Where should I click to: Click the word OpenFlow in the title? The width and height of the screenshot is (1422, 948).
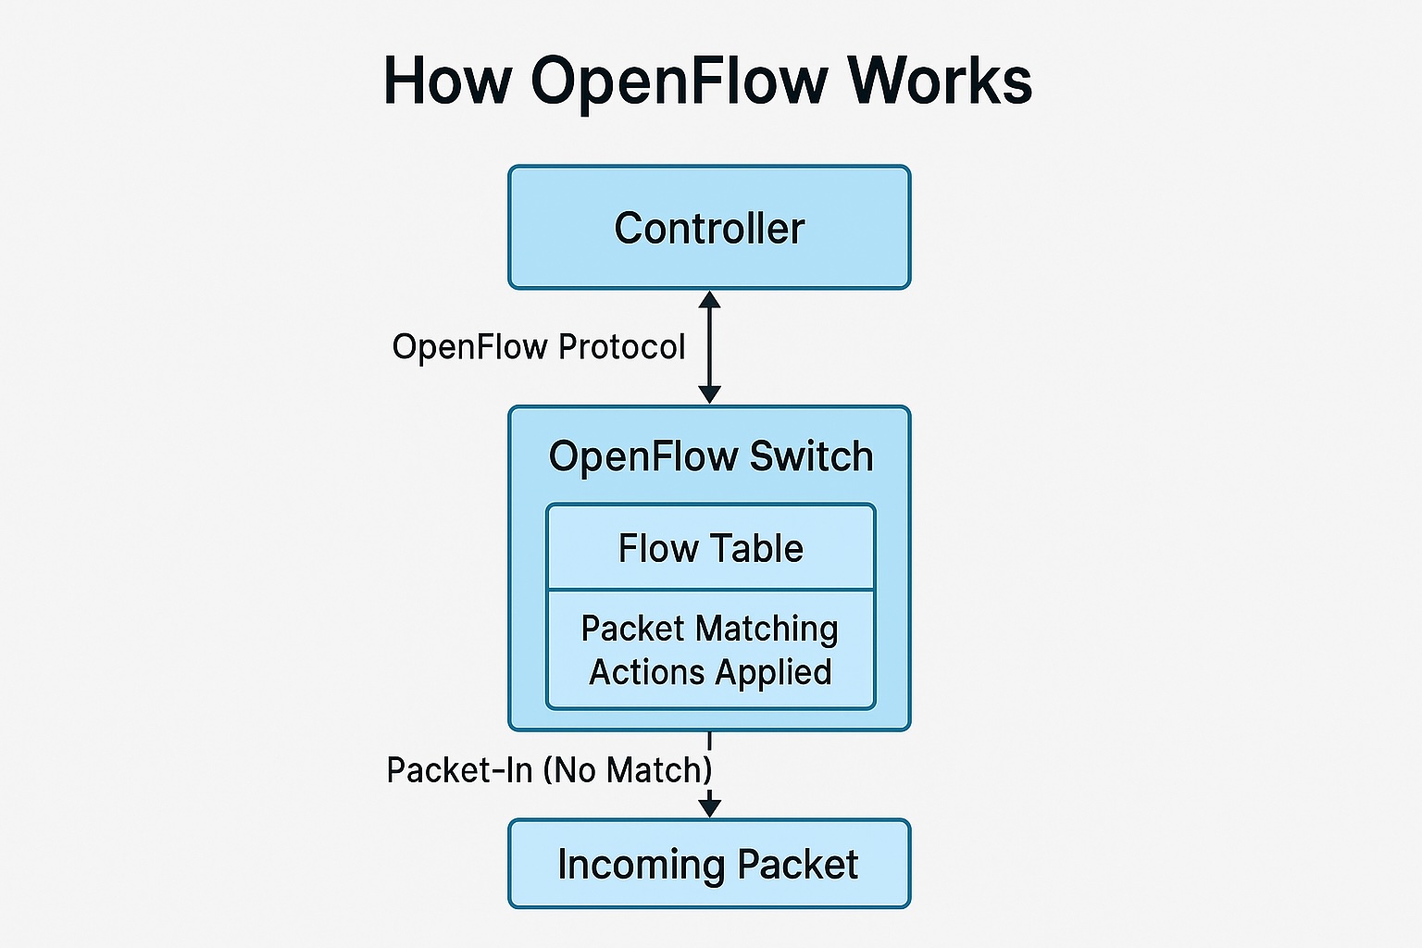pyautogui.click(x=679, y=81)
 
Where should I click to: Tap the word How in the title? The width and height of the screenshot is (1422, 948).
pyautogui.click(x=446, y=81)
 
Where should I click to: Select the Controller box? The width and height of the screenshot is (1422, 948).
pyautogui.click(x=709, y=228)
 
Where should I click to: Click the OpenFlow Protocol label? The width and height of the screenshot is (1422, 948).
pyautogui.click(x=538, y=347)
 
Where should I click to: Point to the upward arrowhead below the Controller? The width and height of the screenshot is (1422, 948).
pyautogui.click(x=709, y=299)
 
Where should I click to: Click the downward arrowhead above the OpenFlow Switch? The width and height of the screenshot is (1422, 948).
pyautogui.click(x=709, y=394)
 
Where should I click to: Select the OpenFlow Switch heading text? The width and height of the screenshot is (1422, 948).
pyautogui.click(x=710, y=456)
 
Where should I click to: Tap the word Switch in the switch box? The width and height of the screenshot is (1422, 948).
pyautogui.click(x=811, y=456)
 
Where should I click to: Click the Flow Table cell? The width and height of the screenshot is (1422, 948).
pyautogui.click(x=710, y=548)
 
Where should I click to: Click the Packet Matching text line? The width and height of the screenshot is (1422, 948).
pyautogui.click(x=709, y=629)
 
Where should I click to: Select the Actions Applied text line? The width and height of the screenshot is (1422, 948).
pyautogui.click(x=710, y=672)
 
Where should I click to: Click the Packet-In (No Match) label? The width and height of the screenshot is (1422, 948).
pyautogui.click(x=549, y=770)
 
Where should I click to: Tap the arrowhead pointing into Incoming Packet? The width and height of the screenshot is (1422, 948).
pyautogui.click(x=709, y=807)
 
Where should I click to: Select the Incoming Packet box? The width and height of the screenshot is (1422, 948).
pyautogui.click(x=709, y=864)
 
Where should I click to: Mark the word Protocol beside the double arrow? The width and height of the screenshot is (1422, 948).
pyautogui.click(x=621, y=347)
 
